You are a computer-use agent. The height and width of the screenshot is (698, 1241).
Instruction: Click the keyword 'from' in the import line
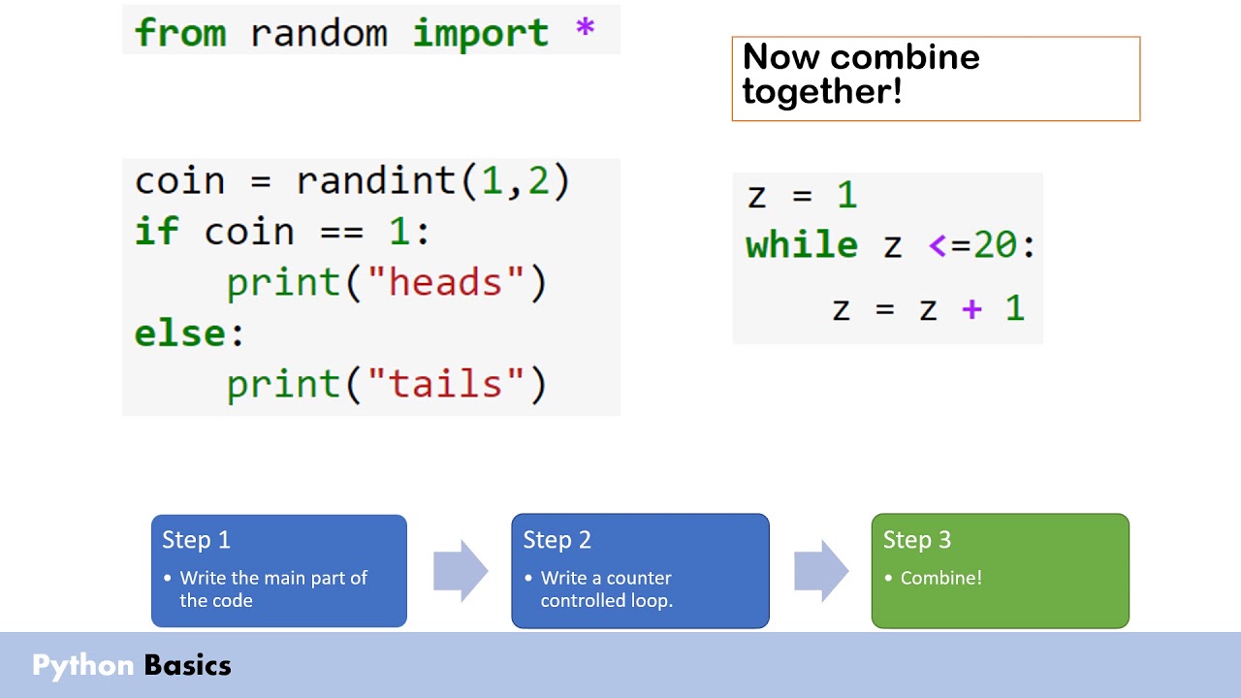point(179,32)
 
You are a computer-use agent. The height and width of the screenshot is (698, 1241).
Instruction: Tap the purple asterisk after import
point(585,30)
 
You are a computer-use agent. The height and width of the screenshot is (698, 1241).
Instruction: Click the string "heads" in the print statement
point(446,282)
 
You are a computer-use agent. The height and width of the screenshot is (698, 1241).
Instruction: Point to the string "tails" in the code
point(446,384)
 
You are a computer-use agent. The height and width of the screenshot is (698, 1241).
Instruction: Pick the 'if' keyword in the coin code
point(156,232)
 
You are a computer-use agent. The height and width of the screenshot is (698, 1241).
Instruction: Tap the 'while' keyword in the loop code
point(802,244)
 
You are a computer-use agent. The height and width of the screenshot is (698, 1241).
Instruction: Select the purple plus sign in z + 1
point(971,309)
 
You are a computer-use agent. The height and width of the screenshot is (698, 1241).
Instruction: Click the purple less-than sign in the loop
point(938,245)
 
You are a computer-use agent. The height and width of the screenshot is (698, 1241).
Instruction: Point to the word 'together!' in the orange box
point(822,92)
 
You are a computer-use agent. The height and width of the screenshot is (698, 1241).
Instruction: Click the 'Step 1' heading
point(196,540)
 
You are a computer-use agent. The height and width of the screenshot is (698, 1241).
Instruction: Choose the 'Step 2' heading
point(557,540)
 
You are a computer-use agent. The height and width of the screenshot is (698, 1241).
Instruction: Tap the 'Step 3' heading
point(916,540)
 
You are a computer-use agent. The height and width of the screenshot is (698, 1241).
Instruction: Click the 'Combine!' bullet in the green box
point(940,578)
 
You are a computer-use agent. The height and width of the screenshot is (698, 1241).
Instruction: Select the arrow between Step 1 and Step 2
point(460,571)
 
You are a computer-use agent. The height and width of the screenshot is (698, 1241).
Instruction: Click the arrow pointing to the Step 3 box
point(820,571)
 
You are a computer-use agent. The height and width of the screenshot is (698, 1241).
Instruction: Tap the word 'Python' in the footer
point(83,665)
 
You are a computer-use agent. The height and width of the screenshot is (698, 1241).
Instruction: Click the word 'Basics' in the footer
point(188,665)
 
